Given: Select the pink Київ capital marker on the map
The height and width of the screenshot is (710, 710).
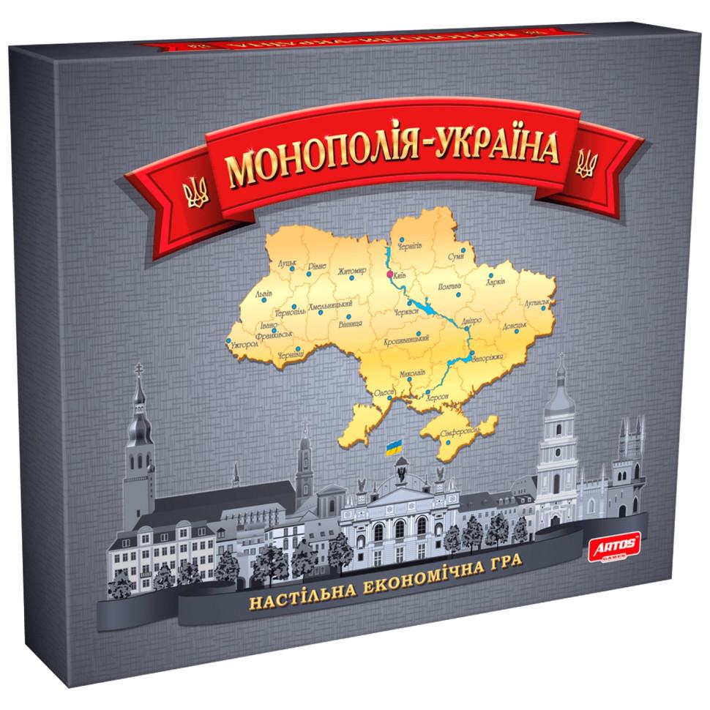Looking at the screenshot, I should click(x=389, y=275).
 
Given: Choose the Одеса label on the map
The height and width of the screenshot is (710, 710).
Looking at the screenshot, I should click(x=384, y=393).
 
